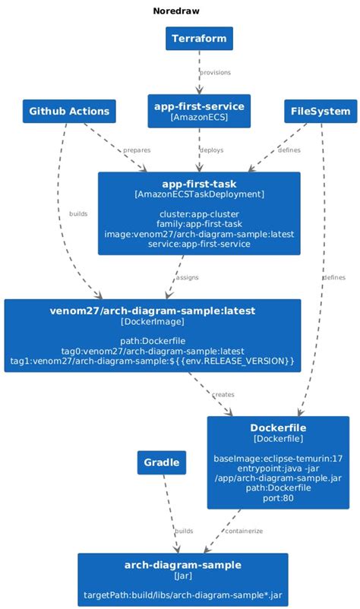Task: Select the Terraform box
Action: (199, 38)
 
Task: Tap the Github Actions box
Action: (69, 112)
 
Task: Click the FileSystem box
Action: (321, 112)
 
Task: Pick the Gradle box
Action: (162, 462)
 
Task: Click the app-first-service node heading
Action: (199, 106)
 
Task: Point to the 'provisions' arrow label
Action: (215, 73)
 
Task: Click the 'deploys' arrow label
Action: (211, 150)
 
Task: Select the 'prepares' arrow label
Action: (137, 150)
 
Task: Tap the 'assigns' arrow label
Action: (187, 278)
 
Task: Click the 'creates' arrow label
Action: (223, 395)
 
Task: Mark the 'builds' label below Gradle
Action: (184, 531)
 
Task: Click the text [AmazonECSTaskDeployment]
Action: (199, 195)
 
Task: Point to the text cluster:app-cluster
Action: (199, 213)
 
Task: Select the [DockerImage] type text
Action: (152, 323)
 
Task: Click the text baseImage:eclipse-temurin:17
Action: (278, 458)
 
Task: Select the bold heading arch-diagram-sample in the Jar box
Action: (183, 565)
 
